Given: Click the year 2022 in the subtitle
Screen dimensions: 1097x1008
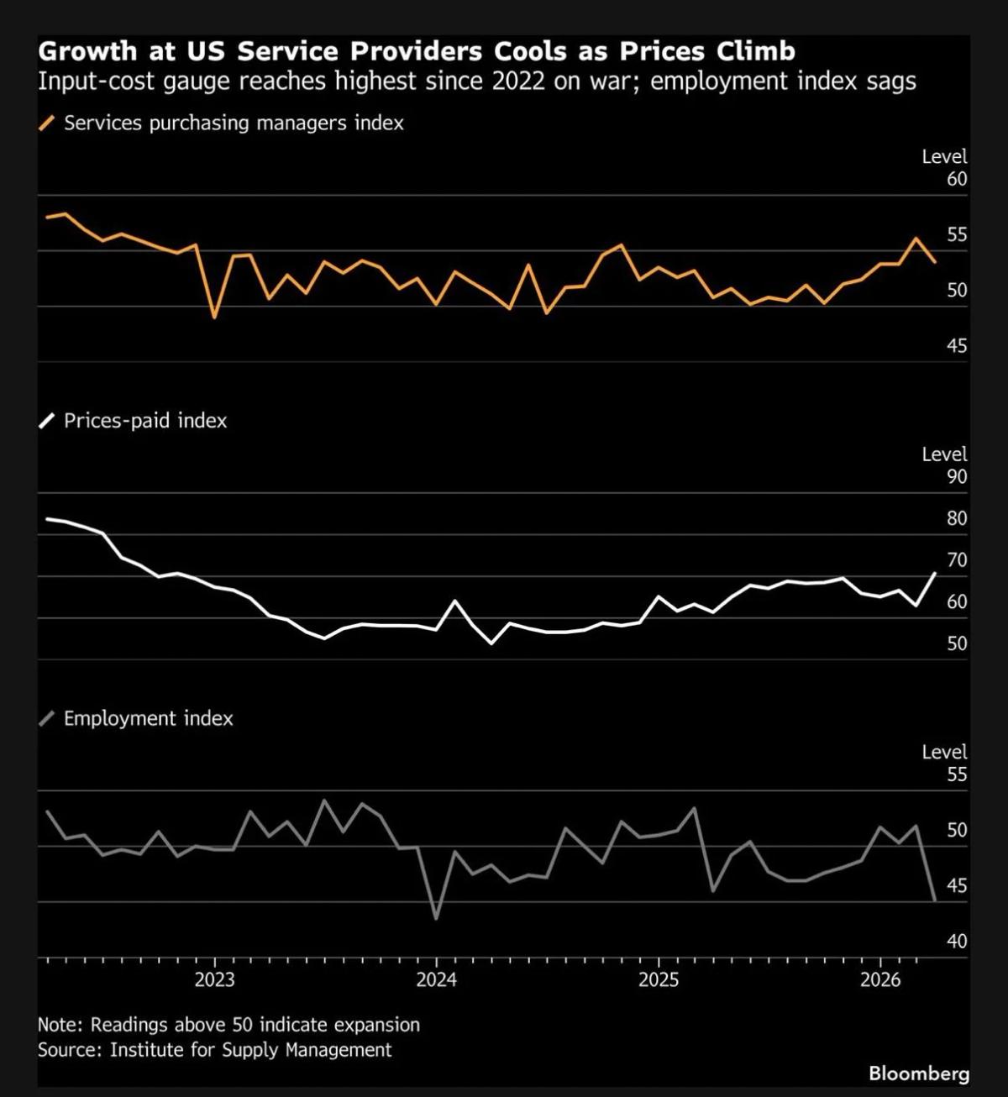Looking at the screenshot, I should tap(518, 81).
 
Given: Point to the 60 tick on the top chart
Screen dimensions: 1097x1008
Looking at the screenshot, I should tap(957, 179).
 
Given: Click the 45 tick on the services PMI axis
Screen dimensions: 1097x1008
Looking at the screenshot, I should tap(957, 346).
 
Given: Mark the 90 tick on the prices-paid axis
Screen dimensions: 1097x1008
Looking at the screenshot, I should tap(957, 477).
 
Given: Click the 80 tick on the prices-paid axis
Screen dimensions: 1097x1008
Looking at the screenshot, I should tap(957, 518).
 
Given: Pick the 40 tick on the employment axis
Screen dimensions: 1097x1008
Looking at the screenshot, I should tap(957, 942).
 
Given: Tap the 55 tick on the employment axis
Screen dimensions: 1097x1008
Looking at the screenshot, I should tap(957, 774).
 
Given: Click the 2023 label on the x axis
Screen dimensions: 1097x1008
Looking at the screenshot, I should tap(214, 979).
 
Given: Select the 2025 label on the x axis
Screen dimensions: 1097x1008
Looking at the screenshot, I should tap(658, 979).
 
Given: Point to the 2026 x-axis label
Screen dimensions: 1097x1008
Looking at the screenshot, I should tap(879, 979).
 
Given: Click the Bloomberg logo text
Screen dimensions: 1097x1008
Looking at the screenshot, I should tap(918, 1073).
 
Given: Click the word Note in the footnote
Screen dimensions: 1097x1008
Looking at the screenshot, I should tap(60, 1025).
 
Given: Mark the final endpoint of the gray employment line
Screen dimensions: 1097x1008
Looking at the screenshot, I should tap(935, 900).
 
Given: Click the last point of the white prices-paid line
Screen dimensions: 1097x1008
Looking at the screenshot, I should tap(935, 573).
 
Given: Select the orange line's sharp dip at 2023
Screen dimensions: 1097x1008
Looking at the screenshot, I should tap(214, 318).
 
